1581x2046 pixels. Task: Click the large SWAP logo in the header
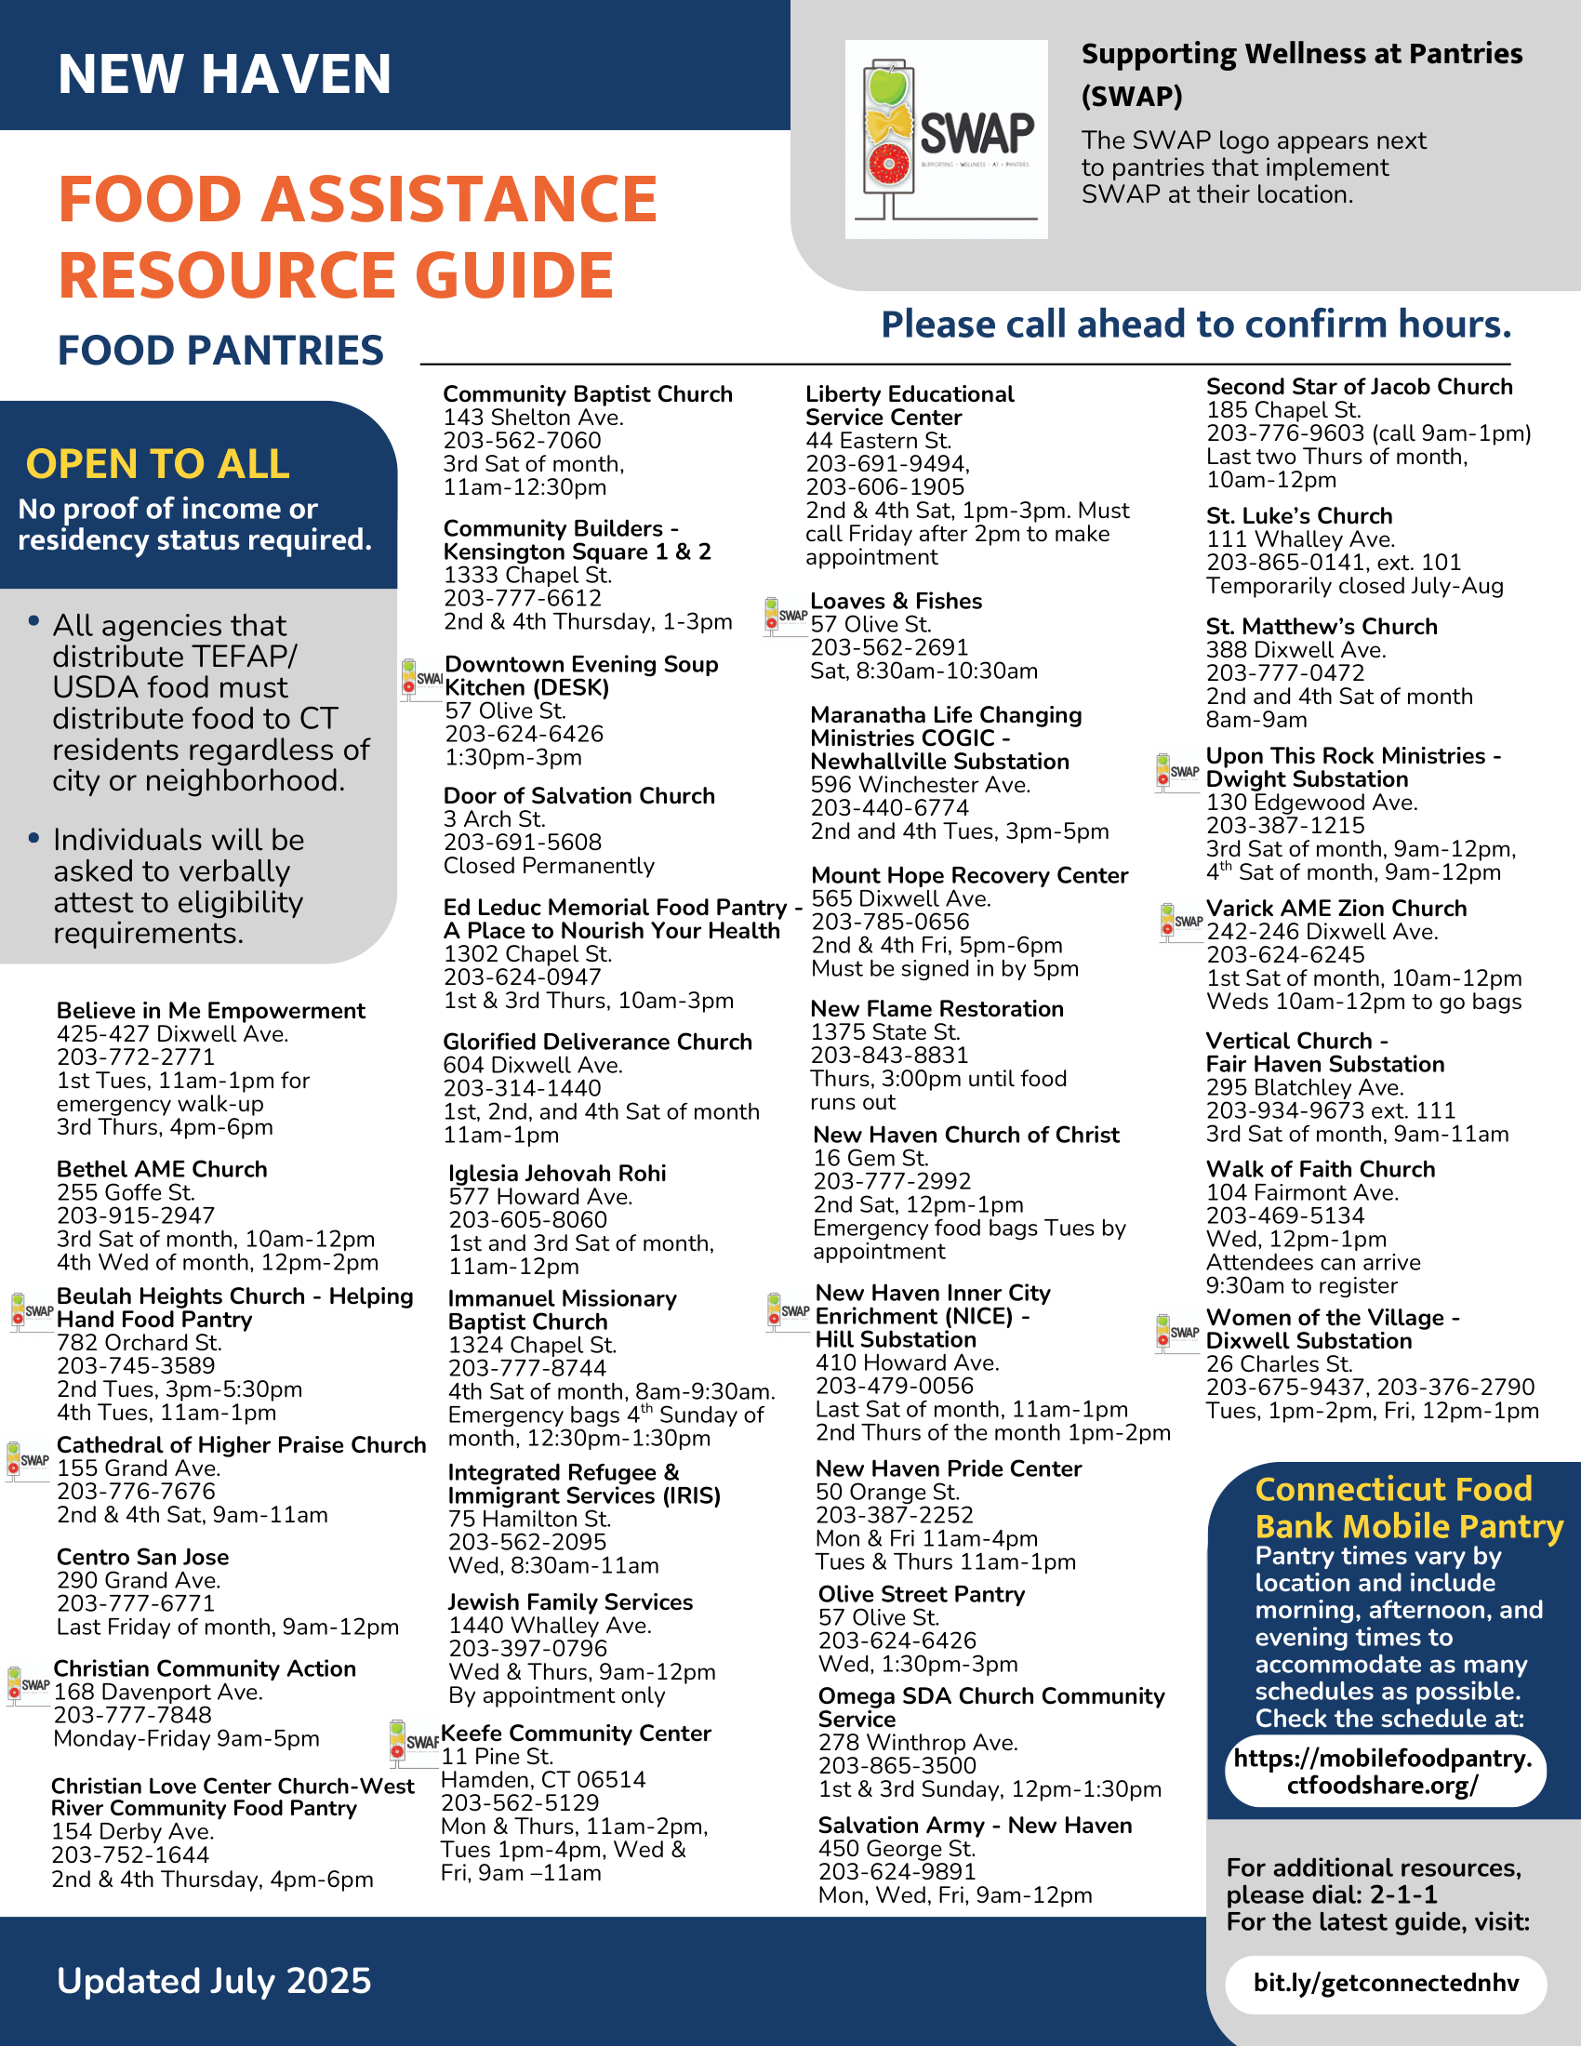946,139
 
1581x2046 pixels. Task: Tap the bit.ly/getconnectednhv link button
1386,1983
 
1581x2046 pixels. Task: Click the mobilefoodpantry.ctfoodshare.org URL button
1384,1771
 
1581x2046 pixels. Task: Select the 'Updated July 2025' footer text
214,1980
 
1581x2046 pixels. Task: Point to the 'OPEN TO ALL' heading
157,464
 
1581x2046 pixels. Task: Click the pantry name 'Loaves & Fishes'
896,602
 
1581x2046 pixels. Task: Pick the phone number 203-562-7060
522,440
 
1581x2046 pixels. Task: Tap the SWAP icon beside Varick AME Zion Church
1180,922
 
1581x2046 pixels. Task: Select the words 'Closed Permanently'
549,866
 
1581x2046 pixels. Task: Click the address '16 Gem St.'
870,1158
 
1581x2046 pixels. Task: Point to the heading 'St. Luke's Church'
1298,516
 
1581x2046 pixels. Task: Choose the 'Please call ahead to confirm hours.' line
1196,325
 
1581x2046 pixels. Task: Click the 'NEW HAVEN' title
224,74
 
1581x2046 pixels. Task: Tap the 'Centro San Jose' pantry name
142,1557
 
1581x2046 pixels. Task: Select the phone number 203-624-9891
897,1872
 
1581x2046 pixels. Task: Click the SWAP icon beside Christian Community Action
28,1684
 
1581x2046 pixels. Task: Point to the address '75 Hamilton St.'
529,1519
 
